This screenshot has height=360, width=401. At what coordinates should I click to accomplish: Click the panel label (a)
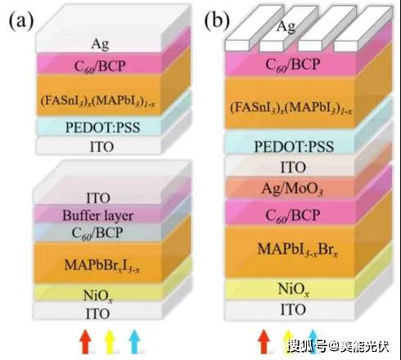point(21,21)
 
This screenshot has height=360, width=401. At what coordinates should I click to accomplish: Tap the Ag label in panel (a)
point(100,44)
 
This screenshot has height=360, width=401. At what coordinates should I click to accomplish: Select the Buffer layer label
point(97,216)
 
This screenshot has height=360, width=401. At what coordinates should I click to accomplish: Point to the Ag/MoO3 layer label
point(292,188)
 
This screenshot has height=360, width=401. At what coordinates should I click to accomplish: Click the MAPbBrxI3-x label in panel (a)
point(102,265)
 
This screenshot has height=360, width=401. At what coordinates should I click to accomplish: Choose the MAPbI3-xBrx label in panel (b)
point(298,250)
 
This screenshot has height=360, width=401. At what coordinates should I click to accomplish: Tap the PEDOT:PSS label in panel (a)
point(102,128)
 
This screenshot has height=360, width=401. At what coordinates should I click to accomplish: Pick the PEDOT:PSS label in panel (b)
point(294,146)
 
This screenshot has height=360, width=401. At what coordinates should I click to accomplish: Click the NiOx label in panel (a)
point(98,296)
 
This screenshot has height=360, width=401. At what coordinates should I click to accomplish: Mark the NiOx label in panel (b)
point(294,289)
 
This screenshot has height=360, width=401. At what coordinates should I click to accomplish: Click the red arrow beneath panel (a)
point(85,341)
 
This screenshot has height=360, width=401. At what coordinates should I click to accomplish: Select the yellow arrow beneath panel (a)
point(110,341)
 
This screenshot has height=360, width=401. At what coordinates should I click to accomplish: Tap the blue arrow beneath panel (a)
point(134,341)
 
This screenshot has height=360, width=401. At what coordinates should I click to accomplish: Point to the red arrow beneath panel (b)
point(264,341)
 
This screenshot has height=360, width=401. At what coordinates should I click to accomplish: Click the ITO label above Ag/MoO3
point(293,167)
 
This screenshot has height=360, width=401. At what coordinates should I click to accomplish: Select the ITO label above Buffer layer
point(98,198)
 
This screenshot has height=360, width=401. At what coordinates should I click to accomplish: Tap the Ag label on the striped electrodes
point(286,26)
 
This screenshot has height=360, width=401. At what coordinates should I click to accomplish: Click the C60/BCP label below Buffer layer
point(97,233)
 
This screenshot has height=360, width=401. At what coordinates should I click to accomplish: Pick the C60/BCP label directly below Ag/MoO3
point(292,215)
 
